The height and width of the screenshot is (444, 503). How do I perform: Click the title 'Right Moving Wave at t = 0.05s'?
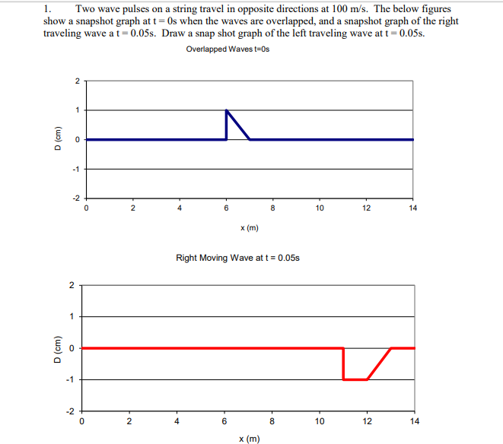(x=237, y=258)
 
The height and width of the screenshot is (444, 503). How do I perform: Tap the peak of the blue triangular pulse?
(x=227, y=111)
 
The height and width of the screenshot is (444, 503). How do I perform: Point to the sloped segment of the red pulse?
(x=379, y=363)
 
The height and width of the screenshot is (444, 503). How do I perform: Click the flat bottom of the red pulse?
(x=355, y=379)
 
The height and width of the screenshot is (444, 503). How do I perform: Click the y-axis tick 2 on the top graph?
(x=76, y=81)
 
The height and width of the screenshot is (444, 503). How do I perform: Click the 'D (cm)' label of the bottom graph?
(x=53, y=347)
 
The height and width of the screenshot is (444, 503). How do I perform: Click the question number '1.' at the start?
(x=48, y=8)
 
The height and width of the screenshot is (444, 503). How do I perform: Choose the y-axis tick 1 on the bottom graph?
(x=72, y=316)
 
